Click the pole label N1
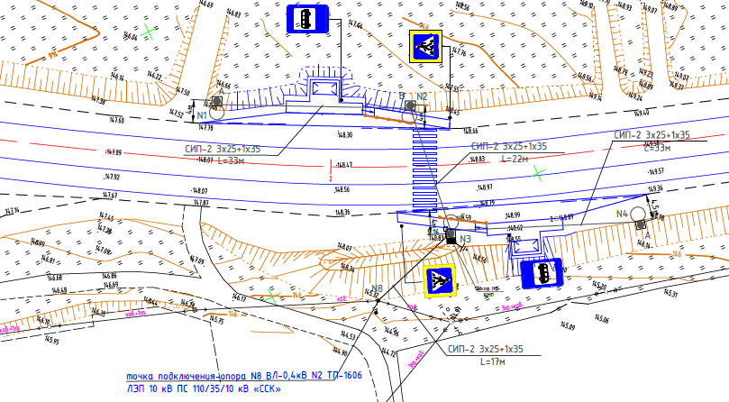click(202, 115)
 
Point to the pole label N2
click(422, 96)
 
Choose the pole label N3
click(465, 239)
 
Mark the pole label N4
click(622, 214)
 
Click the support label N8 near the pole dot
click(377, 289)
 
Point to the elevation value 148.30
click(344, 135)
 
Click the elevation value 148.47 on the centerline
click(343, 167)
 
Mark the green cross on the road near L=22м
click(539, 171)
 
